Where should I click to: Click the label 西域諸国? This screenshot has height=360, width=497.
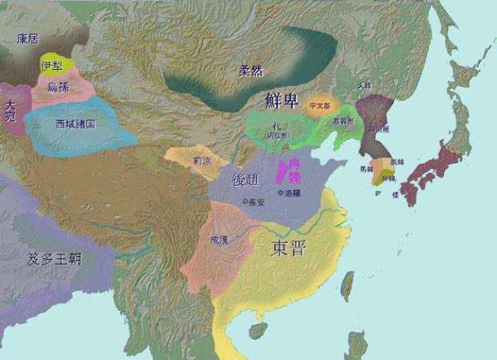(x=76, y=124)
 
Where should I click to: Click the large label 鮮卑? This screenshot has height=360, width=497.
(x=283, y=99)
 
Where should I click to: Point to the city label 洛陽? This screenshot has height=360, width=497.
(x=292, y=194)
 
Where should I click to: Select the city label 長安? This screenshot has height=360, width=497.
(x=253, y=200)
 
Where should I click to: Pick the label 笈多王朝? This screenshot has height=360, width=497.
(x=55, y=259)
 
